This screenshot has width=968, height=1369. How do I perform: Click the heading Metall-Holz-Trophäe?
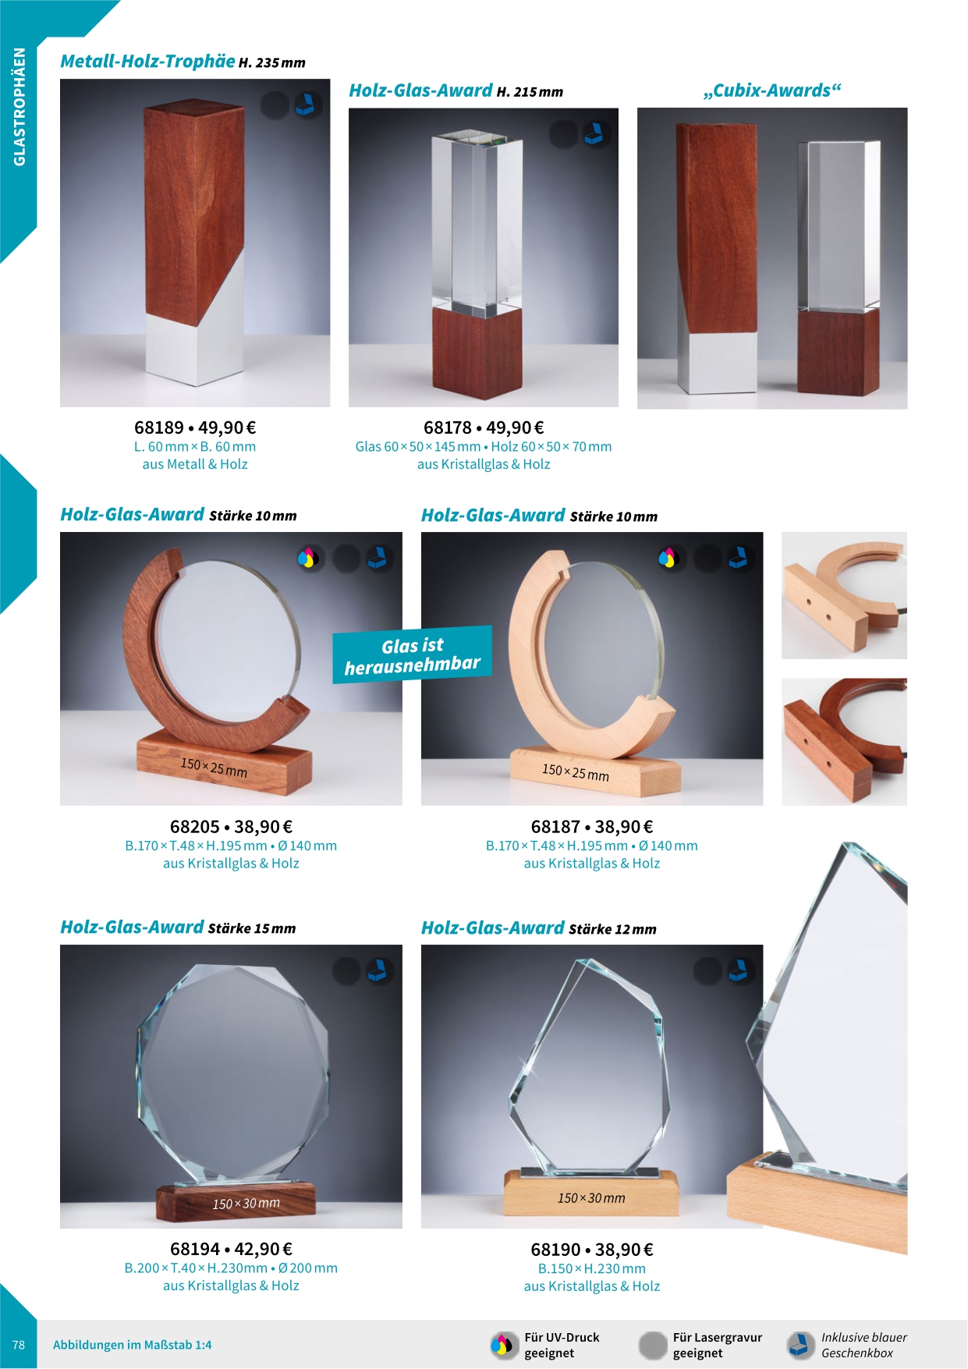click(147, 61)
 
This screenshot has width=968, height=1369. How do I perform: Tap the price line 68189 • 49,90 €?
click(195, 427)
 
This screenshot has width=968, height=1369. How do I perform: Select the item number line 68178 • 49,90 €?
click(484, 427)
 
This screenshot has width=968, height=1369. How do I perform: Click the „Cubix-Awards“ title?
click(772, 90)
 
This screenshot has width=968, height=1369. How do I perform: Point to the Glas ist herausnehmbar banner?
click(413, 655)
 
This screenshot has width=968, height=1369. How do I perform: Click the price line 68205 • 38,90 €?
click(231, 827)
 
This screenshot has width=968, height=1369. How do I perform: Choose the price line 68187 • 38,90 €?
click(592, 827)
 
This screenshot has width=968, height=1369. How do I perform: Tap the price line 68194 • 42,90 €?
click(231, 1250)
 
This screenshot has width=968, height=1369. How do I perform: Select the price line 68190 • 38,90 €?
click(592, 1250)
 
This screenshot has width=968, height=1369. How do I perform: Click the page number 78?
click(19, 1345)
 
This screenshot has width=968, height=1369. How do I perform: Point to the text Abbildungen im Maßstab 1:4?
click(133, 1345)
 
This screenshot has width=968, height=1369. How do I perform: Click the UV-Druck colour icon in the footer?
click(504, 1345)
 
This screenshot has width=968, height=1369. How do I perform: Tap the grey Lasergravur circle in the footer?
click(653, 1345)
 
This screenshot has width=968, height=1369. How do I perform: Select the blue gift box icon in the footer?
click(800, 1345)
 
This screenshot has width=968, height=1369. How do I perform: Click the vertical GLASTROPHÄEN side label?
click(20, 107)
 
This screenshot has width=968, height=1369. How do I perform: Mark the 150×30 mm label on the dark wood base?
click(246, 1204)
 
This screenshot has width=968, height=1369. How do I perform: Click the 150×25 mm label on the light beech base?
click(576, 772)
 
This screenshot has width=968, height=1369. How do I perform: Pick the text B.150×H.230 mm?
click(592, 1269)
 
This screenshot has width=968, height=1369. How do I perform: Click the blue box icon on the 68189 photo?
click(307, 105)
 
